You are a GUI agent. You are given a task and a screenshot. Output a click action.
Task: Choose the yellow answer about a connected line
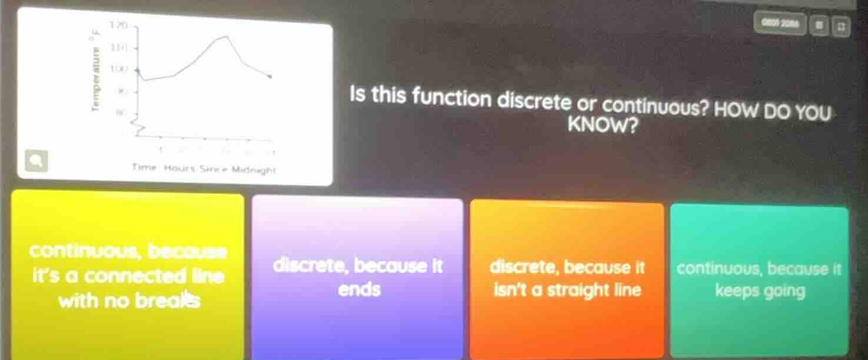click(x=127, y=275)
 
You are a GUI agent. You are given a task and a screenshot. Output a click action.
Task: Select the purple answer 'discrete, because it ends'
click(x=358, y=278)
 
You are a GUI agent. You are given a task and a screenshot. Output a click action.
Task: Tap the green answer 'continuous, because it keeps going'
click(x=759, y=280)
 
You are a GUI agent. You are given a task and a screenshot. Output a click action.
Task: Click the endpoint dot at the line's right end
click(x=270, y=76)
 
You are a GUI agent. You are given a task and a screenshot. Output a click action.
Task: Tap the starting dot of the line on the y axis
click(x=138, y=70)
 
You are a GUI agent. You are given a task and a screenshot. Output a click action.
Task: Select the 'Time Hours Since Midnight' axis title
click(x=204, y=168)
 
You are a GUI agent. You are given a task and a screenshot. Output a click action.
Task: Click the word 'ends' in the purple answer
click(x=360, y=289)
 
